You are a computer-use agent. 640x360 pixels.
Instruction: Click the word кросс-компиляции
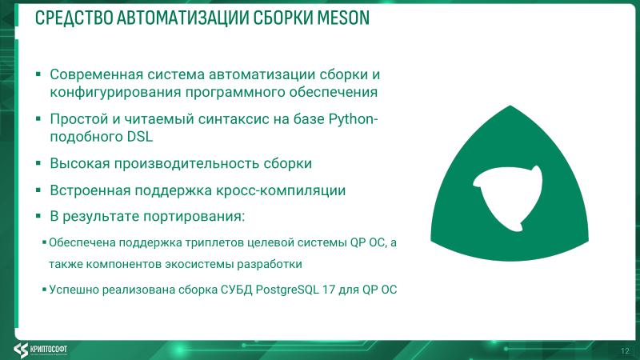tap(291, 190)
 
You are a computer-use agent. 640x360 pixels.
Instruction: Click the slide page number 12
tap(625, 350)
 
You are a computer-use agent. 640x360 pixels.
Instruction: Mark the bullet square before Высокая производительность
tap(38, 163)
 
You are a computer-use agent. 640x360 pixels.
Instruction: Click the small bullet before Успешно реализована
tap(44, 289)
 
